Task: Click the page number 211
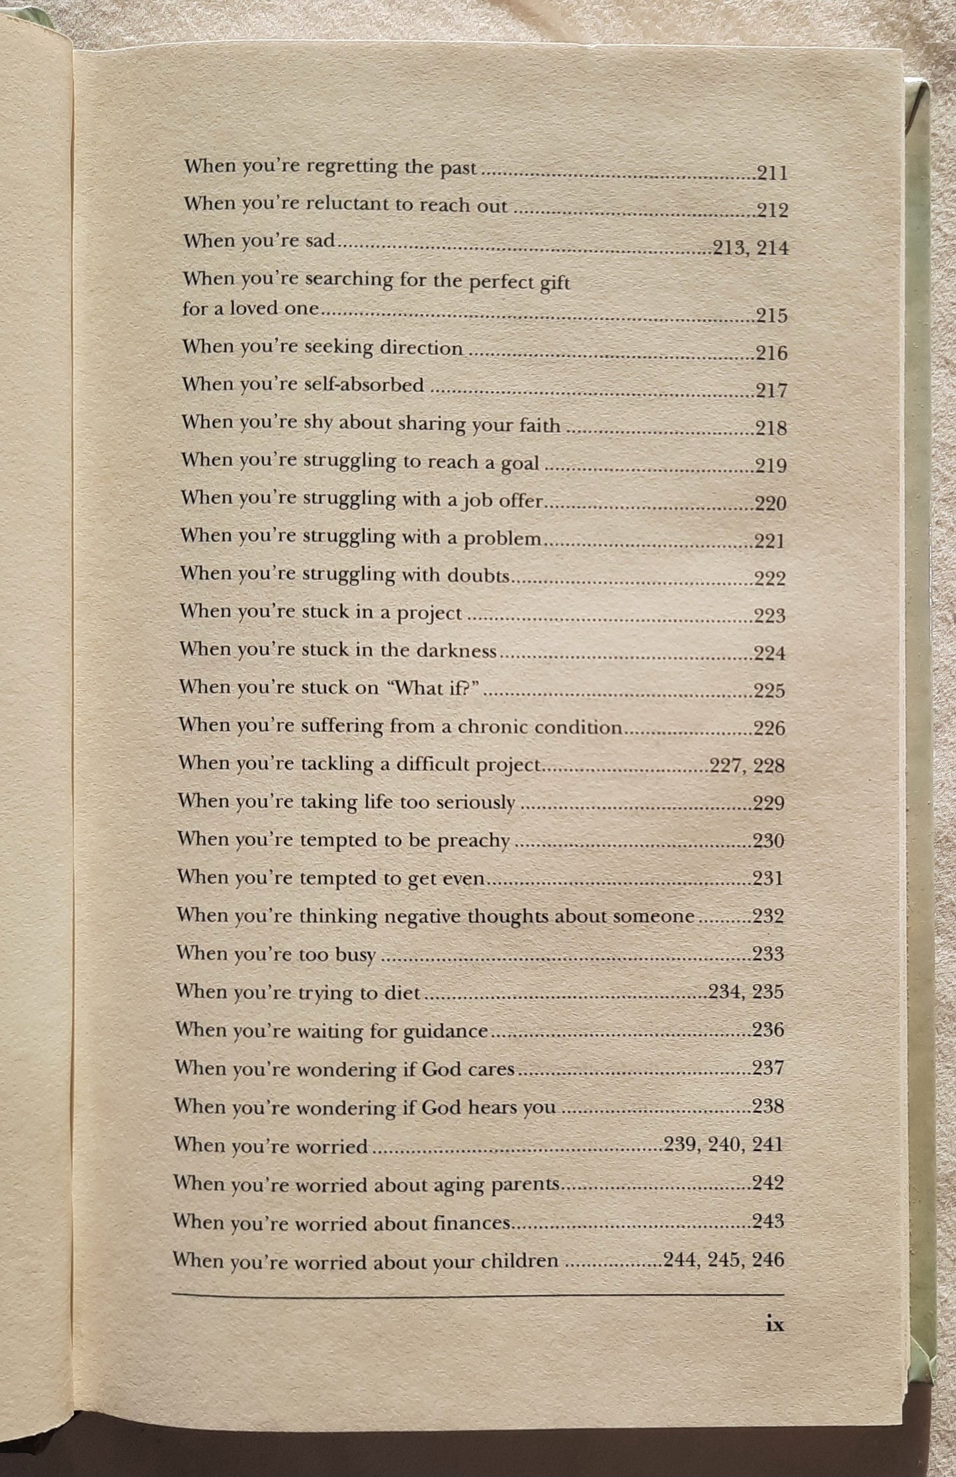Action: click(772, 173)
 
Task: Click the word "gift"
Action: click(554, 283)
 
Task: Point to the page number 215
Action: click(771, 315)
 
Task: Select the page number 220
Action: click(771, 504)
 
